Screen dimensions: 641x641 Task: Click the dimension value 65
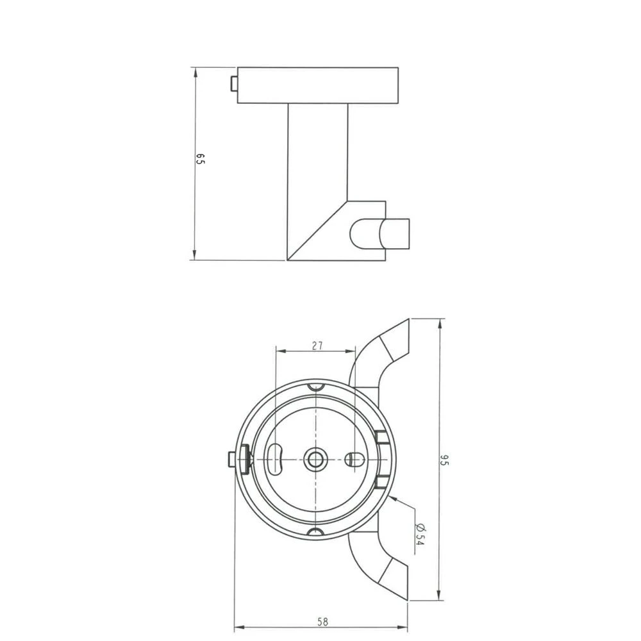[200, 160]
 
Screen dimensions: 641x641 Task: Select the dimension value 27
[317, 345]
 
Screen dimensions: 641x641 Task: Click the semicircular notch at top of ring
[315, 387]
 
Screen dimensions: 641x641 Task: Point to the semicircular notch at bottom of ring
[315, 531]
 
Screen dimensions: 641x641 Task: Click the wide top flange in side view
[317, 85]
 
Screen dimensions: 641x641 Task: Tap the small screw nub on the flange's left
[234, 84]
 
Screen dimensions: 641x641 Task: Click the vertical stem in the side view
[317, 167]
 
